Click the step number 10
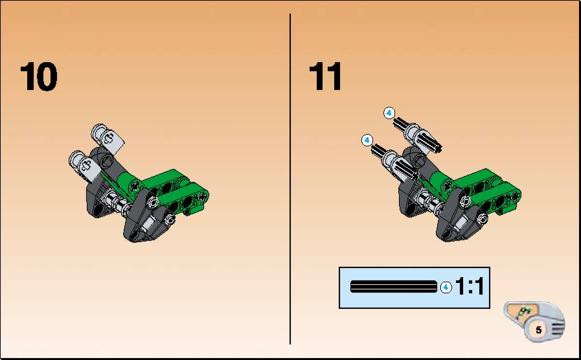38,76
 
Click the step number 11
325,76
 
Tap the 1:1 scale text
470,287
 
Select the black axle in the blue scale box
394,287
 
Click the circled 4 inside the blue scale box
446,287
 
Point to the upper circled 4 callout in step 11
389,113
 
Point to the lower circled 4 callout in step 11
367,141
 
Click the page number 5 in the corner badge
538,330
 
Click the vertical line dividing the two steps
290,179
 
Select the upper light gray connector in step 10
108,139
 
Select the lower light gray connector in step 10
85,166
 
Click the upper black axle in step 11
417,135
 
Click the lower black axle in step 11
394,162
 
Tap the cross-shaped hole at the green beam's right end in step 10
202,197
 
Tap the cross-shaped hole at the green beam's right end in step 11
515,197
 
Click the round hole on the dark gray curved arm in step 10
107,161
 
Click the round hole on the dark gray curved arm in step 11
419,161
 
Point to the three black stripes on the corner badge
558,327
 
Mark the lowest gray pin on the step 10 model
170,219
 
